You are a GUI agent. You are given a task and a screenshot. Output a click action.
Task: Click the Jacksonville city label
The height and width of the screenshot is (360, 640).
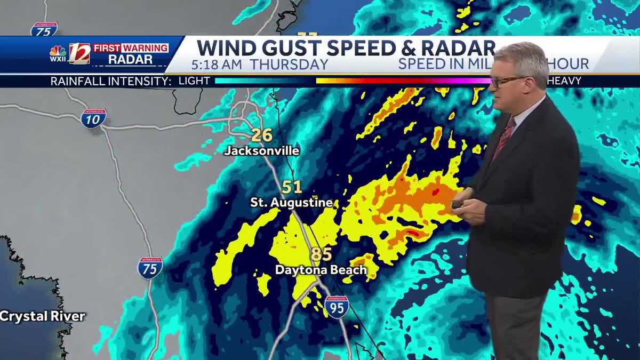(261, 151)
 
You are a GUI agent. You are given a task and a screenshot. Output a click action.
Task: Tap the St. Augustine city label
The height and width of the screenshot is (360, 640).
(292, 203)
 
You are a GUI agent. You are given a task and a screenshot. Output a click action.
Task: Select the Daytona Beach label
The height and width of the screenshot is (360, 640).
(321, 270)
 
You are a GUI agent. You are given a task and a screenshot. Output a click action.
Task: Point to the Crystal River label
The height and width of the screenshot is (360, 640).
(42, 316)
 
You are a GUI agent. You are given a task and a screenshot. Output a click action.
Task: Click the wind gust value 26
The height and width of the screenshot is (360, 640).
(262, 135)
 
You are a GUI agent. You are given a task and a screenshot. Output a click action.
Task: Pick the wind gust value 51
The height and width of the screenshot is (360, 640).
(292, 187)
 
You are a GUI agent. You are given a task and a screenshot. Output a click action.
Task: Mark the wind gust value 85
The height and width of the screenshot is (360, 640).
(321, 254)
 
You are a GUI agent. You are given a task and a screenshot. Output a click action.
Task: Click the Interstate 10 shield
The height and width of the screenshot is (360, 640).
(93, 118)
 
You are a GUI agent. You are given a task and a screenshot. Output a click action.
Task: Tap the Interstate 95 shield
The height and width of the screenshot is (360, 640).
(337, 307)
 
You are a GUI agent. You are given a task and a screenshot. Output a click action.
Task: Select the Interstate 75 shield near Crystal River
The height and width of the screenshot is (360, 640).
(150, 268)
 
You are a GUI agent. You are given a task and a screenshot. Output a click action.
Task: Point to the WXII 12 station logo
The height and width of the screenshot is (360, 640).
(69, 54)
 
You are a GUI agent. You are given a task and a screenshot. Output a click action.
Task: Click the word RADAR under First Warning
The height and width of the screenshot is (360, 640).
(131, 60)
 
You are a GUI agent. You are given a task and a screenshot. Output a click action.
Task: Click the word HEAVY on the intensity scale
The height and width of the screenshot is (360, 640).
(563, 81)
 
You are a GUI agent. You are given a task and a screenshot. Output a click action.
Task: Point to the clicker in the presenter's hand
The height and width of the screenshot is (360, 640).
(458, 204)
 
